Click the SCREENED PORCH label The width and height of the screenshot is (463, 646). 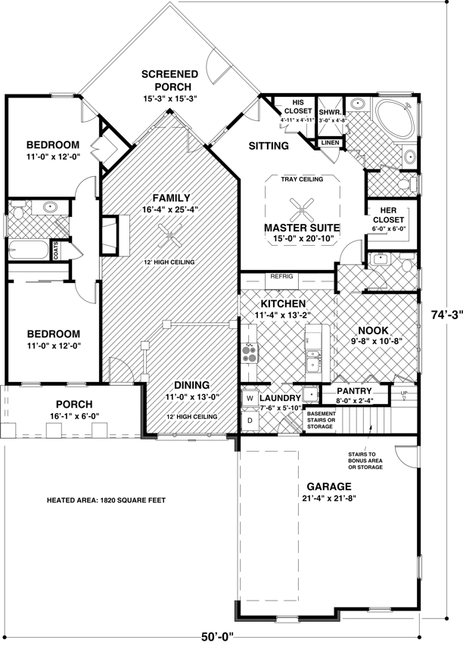pyautogui.click(x=169, y=80)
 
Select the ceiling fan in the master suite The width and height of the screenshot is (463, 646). pyautogui.click(x=302, y=210)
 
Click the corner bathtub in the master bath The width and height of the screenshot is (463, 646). pyautogui.click(x=394, y=117)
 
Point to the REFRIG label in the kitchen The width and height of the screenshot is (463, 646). pyautogui.click(x=281, y=276)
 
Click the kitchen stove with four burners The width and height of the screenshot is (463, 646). pyautogui.click(x=249, y=353)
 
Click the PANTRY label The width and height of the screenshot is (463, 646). pyautogui.click(x=354, y=390)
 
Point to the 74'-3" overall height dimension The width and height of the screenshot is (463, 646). pyautogui.click(x=447, y=315)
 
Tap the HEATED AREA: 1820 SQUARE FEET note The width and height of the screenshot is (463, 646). pyautogui.click(x=106, y=501)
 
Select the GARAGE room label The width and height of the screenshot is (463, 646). pyautogui.click(x=328, y=486)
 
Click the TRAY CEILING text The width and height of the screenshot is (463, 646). pyautogui.click(x=302, y=179)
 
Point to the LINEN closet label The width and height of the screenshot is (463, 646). pyautogui.click(x=331, y=142)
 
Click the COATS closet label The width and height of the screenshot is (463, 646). pyautogui.click(x=56, y=250)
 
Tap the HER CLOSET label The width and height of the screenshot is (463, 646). pyautogui.click(x=388, y=215)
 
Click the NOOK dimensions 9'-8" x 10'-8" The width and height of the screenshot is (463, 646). pyautogui.click(x=376, y=340)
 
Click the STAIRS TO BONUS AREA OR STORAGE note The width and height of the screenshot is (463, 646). pyautogui.click(x=365, y=461)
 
